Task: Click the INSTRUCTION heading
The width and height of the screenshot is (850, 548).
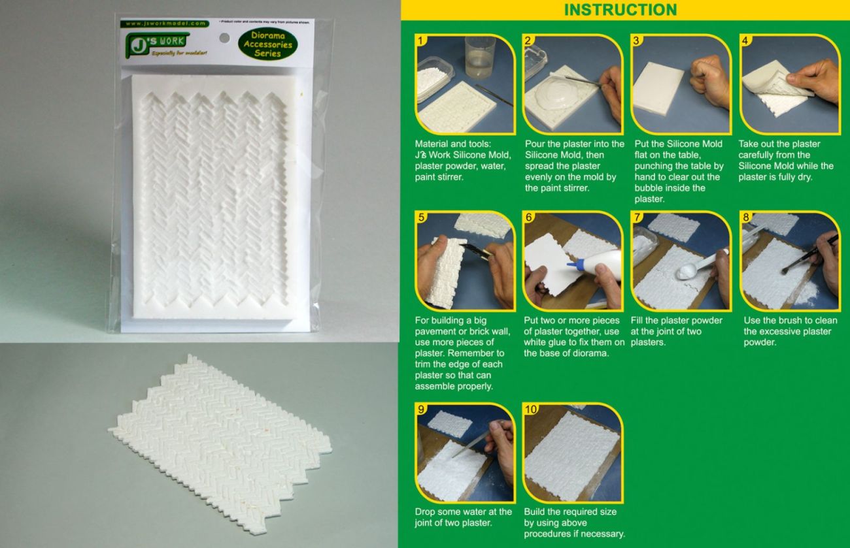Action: click(620, 10)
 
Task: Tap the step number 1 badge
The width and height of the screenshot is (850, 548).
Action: click(422, 40)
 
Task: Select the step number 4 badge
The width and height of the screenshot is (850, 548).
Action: click(745, 40)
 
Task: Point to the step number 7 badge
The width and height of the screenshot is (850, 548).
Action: click(637, 217)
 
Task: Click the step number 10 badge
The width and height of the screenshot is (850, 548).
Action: click(532, 410)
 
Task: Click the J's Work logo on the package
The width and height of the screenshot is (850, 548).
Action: click(155, 42)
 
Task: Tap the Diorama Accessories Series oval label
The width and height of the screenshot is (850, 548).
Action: click(268, 44)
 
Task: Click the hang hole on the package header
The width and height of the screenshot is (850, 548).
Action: click(224, 39)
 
